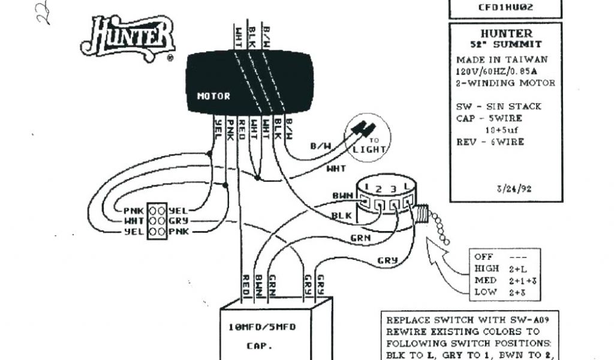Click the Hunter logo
[x=128, y=37]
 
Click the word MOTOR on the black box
[x=213, y=96]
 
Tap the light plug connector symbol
[x=363, y=128]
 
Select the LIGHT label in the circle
[x=369, y=149]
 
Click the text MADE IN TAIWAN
[x=501, y=59]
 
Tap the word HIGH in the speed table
[x=486, y=268]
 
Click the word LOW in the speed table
[x=485, y=292]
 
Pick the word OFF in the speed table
[x=483, y=257]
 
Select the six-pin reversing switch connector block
[x=156, y=221]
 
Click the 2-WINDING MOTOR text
[x=505, y=83]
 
